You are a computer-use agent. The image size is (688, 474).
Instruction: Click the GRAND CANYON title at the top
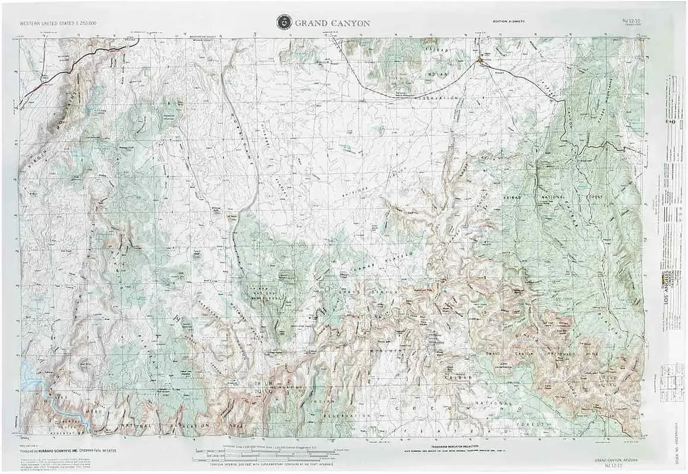(x=332, y=23)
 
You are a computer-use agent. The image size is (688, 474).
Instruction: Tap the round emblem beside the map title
(x=284, y=23)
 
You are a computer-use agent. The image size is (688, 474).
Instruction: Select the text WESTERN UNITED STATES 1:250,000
(x=58, y=23)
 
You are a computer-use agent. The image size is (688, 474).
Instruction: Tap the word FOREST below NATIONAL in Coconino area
(x=532, y=425)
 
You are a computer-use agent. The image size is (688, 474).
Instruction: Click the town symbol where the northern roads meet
(x=480, y=60)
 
